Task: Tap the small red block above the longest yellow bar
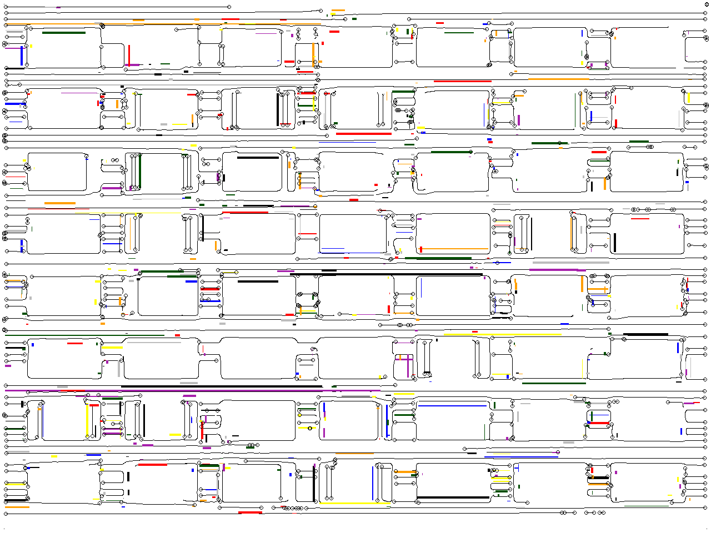[475, 331]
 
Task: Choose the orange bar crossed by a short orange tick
[597, 289]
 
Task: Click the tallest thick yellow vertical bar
[87, 421]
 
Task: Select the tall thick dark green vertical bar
[140, 171]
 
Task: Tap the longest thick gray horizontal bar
[571, 262]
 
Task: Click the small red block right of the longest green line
[178, 335]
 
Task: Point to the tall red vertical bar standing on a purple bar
[129, 55]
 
